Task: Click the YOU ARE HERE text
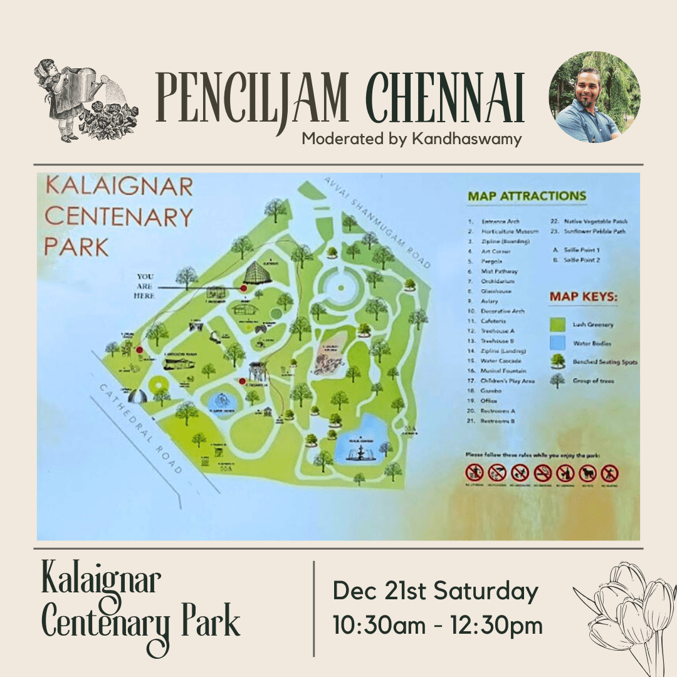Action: point(145,286)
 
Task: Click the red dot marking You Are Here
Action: point(243,288)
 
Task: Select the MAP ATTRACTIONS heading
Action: point(527,196)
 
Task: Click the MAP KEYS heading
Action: point(583,297)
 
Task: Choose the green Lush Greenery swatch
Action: point(557,324)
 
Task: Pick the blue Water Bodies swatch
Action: point(557,343)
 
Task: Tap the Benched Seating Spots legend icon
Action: point(557,362)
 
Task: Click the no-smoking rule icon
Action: point(542,473)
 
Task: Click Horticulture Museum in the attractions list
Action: point(509,231)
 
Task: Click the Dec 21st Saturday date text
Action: point(435,591)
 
